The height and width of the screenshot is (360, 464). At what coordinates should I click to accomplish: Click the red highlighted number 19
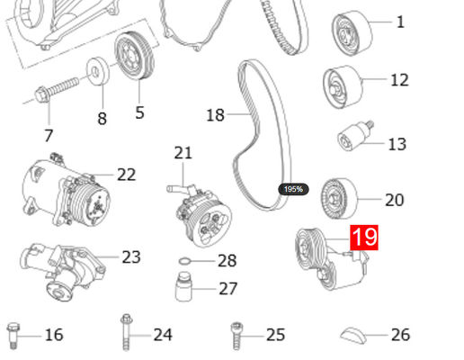point(364,238)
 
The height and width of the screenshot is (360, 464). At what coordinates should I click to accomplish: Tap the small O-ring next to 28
point(184,262)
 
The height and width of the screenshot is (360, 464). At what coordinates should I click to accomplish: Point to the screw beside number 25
point(237,333)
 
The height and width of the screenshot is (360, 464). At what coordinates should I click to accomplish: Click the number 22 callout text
point(126,175)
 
